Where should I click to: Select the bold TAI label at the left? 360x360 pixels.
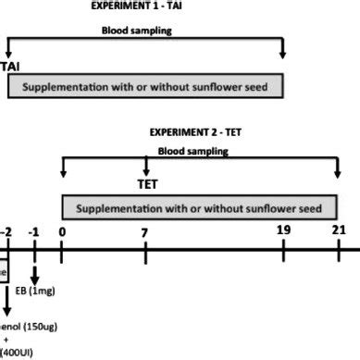click(x=11, y=68)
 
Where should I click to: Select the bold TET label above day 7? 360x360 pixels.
click(x=146, y=185)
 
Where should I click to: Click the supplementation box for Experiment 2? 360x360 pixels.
click(x=199, y=207)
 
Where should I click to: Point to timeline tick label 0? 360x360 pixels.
click(x=61, y=230)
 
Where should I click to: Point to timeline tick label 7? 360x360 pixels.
click(x=145, y=230)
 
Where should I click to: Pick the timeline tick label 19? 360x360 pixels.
click(x=283, y=230)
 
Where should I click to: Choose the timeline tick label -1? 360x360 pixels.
click(x=34, y=230)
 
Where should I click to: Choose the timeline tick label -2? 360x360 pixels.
click(x=6, y=230)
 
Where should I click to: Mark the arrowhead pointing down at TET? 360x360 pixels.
click(x=146, y=171)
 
